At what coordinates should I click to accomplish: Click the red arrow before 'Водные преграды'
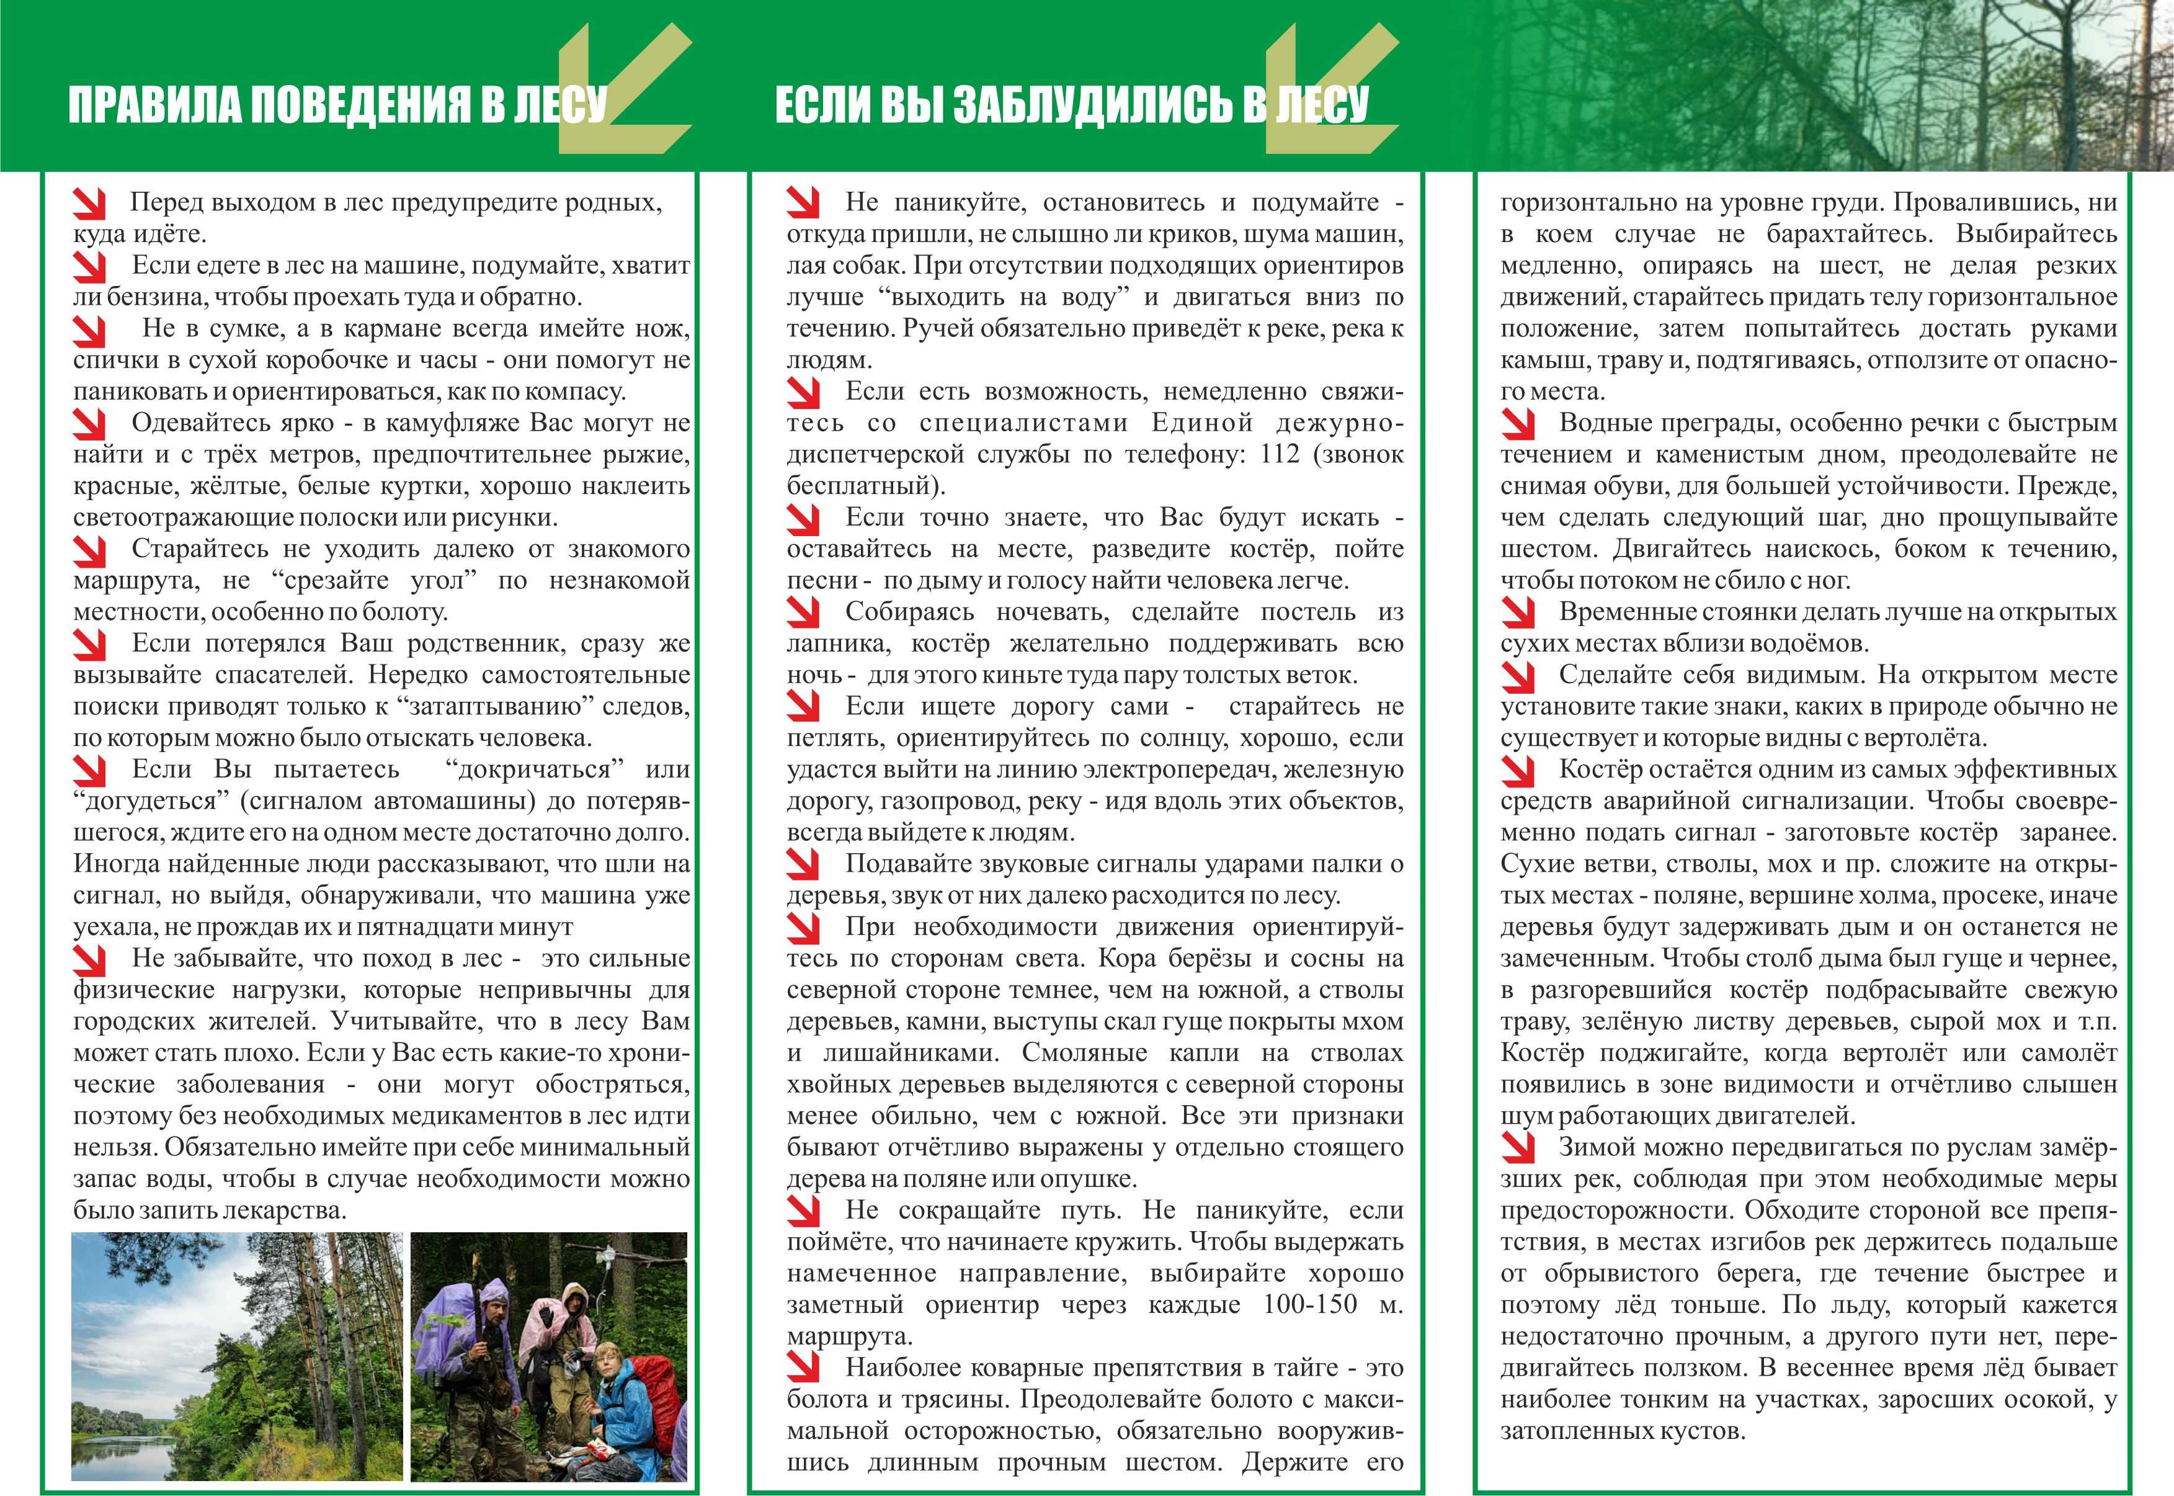pos(1517,424)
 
